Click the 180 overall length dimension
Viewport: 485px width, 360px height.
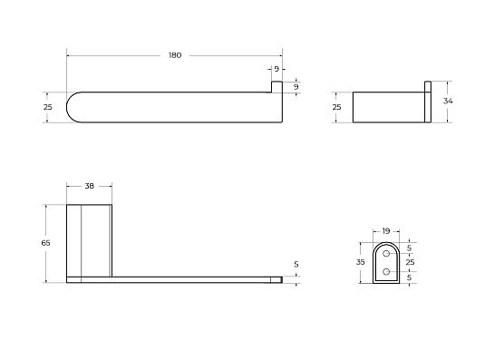[x=175, y=55]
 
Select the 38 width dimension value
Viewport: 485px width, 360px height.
[x=89, y=186]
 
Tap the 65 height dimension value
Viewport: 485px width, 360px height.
[x=45, y=243]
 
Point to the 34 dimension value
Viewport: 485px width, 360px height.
[x=448, y=101]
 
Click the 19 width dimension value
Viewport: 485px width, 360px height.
[x=386, y=230]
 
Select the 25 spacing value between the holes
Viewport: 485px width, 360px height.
[x=409, y=261]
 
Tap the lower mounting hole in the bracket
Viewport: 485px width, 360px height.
[x=386, y=271]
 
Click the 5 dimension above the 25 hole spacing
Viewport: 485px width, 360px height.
[x=409, y=248]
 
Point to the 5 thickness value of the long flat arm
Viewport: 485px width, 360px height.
[x=296, y=265]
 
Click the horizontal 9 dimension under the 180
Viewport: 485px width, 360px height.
[x=276, y=69]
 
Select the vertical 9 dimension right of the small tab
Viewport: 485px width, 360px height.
[x=296, y=86]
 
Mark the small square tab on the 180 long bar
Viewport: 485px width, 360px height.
[x=276, y=86]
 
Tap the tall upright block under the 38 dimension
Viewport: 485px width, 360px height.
[x=89, y=240]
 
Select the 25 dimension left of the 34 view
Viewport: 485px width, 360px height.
[x=336, y=107]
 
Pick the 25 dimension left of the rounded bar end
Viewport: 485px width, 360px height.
[x=48, y=107]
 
